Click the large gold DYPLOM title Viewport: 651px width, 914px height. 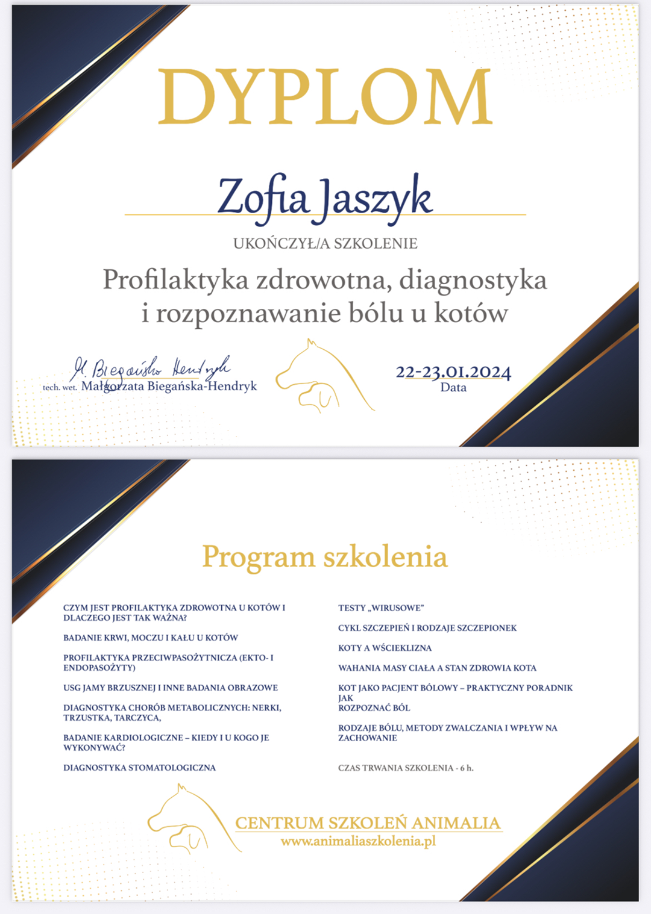coord(325,96)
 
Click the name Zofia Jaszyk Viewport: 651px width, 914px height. coord(325,197)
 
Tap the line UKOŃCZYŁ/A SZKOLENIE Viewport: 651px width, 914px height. coord(325,243)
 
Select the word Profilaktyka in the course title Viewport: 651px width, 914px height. coord(175,280)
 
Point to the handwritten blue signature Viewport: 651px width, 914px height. coord(151,367)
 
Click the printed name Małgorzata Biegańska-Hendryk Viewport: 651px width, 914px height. coord(169,386)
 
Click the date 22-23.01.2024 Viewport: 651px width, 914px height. coord(453,372)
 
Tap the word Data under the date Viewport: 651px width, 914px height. coord(453,388)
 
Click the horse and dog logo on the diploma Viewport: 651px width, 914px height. coord(322,376)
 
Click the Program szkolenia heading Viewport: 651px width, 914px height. coord(325,556)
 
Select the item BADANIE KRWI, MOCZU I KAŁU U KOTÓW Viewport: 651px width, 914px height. coord(151,638)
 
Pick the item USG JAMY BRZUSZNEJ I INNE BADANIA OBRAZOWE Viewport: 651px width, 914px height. coord(171,688)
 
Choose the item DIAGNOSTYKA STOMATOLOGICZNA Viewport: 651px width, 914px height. coord(139,768)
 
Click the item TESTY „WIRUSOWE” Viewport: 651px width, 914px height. coord(381,608)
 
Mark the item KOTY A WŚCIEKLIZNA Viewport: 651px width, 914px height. coord(385,648)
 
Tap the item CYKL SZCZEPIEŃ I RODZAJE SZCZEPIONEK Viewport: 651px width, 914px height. coord(427,628)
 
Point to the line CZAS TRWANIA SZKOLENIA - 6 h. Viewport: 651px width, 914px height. coord(406,768)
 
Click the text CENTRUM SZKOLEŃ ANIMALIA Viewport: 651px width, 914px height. coord(368,823)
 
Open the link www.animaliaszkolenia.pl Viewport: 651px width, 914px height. coord(358,841)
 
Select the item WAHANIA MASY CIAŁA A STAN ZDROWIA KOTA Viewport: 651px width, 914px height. coord(437,668)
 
